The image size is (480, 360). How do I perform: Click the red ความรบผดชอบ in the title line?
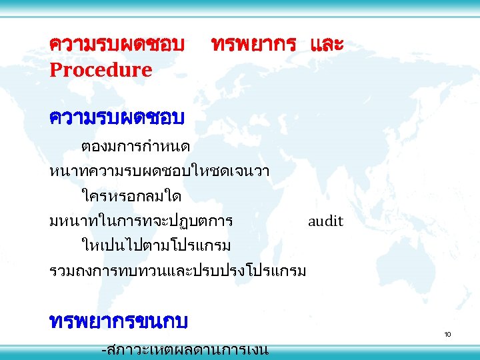pyautogui.click(x=117, y=45)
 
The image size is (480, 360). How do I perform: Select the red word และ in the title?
pyautogui.click(x=327, y=45)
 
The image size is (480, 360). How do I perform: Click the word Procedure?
pyautogui.click(x=101, y=69)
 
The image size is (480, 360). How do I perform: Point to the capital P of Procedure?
pyautogui.click(x=55, y=69)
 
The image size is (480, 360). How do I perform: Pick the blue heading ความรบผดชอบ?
pyautogui.click(x=117, y=117)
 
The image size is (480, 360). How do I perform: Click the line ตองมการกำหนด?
pyautogui.click(x=136, y=145)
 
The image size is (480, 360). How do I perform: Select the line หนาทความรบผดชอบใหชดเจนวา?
pyautogui.click(x=159, y=171)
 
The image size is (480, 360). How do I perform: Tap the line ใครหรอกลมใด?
pyautogui.click(x=131, y=196)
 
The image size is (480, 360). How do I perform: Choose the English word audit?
pyautogui.click(x=325, y=221)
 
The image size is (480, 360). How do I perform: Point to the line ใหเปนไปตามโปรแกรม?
pyautogui.click(x=156, y=246)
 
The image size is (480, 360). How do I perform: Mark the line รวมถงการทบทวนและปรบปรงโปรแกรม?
pyautogui.click(x=178, y=271)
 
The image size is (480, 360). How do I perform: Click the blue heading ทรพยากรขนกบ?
pyautogui.click(x=119, y=322)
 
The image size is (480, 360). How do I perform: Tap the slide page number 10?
pyautogui.click(x=448, y=333)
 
